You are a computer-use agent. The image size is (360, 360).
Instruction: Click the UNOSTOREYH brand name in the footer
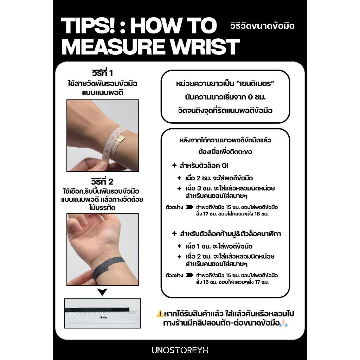(180, 350)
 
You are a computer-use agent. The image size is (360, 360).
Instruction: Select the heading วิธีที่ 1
(102, 73)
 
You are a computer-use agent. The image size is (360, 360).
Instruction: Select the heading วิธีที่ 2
(102, 182)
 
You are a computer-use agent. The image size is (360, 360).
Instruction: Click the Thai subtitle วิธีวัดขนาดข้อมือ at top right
(262, 26)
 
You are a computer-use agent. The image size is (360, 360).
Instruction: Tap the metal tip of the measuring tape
(121, 139)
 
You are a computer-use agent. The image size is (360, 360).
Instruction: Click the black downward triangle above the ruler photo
(102, 292)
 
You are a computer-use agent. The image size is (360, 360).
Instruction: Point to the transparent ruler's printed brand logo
(103, 317)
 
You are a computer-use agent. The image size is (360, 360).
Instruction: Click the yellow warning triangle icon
(160, 313)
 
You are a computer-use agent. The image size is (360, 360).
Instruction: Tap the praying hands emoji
(284, 323)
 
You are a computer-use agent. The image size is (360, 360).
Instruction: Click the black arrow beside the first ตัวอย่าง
(189, 207)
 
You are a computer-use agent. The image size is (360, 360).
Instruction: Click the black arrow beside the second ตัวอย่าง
(189, 275)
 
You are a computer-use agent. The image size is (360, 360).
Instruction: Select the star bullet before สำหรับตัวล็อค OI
(174, 165)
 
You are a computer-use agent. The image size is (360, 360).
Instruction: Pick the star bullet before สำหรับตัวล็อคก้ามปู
(174, 233)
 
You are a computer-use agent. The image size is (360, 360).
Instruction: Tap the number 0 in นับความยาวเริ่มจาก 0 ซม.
(250, 97)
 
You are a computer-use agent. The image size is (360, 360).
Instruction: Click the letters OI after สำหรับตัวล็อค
(225, 166)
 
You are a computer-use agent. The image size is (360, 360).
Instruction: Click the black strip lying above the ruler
(97, 310)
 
